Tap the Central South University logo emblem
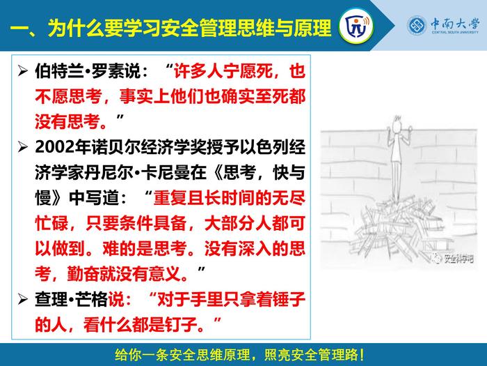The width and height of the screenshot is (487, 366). tap(417, 26)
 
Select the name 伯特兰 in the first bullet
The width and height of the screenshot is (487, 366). tap(59, 71)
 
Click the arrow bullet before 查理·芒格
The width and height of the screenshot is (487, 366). tap(22, 299)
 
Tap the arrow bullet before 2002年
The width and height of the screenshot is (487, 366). tap(22, 146)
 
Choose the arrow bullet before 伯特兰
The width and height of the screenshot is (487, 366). tap(22, 71)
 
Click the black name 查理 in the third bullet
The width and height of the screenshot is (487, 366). tap(51, 299)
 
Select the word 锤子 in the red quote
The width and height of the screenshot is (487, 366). tap(289, 299)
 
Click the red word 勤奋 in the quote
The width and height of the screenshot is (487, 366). tap(83, 274)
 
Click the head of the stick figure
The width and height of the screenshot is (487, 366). tap(397, 125)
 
